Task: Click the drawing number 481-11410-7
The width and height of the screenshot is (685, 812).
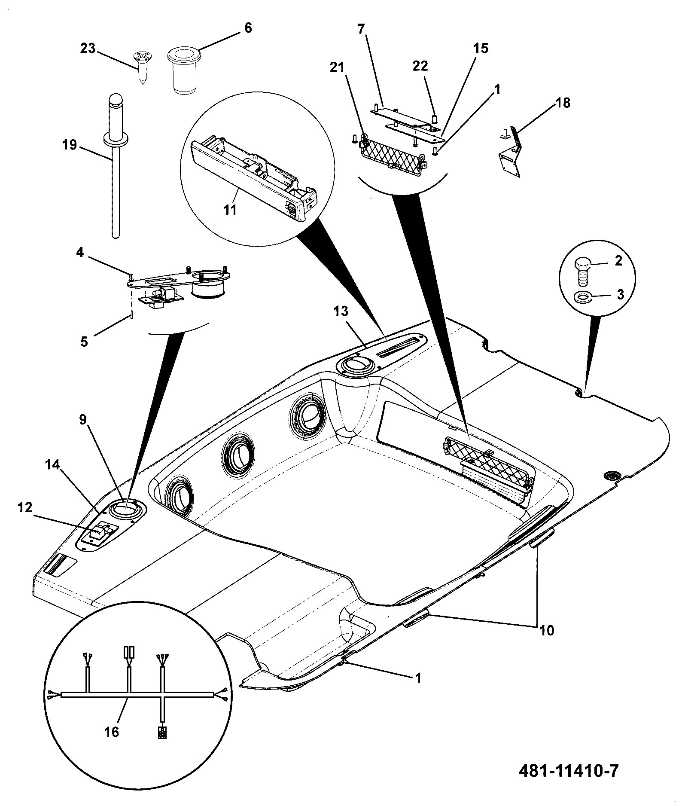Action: point(569,771)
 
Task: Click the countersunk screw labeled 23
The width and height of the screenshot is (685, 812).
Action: point(142,65)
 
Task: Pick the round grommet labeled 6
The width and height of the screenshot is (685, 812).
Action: point(183,70)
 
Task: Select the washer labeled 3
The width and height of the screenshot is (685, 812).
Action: point(582,296)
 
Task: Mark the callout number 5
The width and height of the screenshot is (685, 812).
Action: point(84,342)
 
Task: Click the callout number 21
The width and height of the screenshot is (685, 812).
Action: point(338,67)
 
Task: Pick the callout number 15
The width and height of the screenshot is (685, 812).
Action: point(481,48)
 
